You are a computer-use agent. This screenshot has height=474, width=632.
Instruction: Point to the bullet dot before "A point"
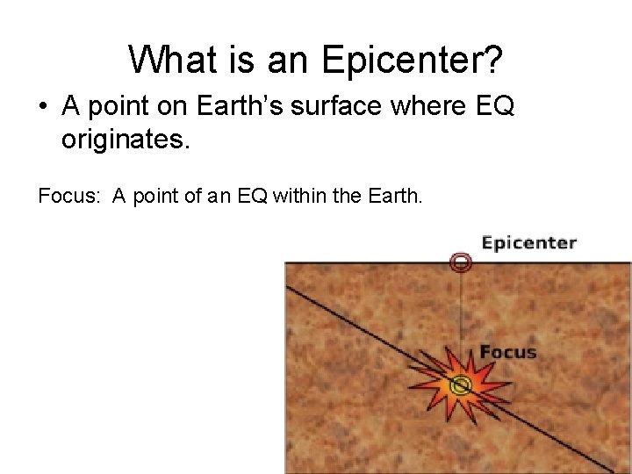[42, 108]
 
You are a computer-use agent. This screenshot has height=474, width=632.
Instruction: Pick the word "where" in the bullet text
[413, 107]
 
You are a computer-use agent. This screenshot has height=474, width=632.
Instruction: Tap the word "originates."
[125, 140]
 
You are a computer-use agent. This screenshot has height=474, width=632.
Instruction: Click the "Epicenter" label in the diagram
[528, 243]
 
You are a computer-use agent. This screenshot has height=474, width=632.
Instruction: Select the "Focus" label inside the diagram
[507, 352]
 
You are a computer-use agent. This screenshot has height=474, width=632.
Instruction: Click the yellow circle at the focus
[460, 384]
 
